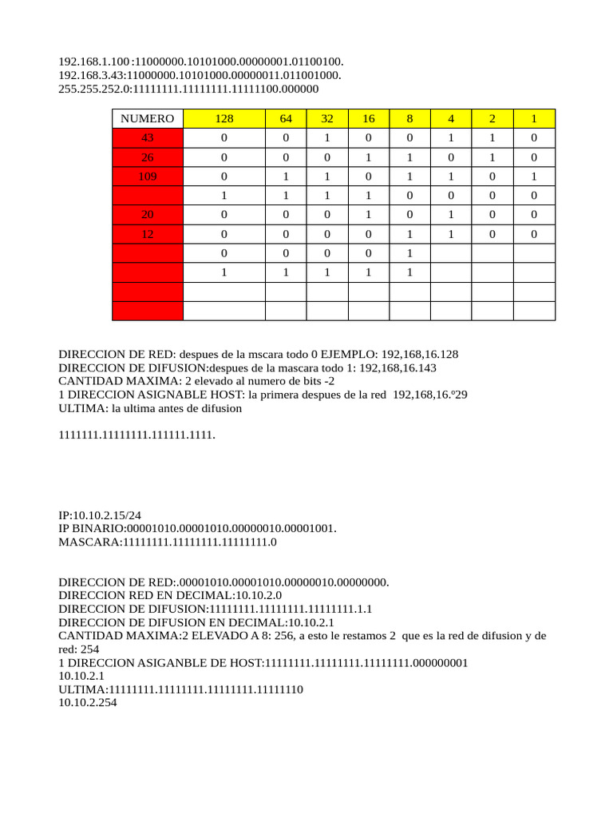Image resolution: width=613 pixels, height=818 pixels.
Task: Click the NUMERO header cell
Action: tap(147, 118)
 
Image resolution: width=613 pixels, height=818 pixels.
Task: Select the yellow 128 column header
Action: tap(224, 118)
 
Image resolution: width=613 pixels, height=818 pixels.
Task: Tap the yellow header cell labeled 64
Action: tap(286, 118)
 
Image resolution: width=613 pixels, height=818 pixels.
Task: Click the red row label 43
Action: tap(147, 137)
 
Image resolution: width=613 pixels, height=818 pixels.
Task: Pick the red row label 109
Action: tap(147, 176)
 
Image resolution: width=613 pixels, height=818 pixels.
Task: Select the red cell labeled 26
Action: tap(147, 157)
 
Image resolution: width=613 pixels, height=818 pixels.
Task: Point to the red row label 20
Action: tap(147, 214)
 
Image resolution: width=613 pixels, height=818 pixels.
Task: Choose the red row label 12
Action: tap(147, 234)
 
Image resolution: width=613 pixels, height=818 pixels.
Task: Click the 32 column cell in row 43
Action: tap(327, 137)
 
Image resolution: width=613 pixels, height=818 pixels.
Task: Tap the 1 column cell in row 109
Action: tap(534, 176)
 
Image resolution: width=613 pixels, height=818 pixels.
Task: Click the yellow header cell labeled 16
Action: tap(369, 118)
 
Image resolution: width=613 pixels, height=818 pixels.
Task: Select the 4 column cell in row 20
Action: tap(451, 214)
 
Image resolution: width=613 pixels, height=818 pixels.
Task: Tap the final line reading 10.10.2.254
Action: tap(88, 703)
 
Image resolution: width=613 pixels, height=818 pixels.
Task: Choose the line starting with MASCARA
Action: tap(168, 542)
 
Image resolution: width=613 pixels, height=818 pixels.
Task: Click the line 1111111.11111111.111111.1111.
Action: tap(137, 435)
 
